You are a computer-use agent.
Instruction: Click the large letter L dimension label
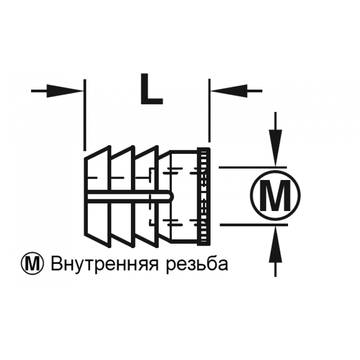[x=152, y=89]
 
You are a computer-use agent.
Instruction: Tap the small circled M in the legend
[x=32, y=264]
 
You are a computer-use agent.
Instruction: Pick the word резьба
[x=197, y=265]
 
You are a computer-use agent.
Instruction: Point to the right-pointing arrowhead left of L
[x=65, y=91]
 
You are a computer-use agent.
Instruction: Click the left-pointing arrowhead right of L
[x=229, y=91]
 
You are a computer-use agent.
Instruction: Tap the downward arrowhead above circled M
[x=275, y=148]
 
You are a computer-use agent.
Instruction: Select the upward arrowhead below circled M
[x=275, y=244]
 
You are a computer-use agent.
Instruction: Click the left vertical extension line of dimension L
[x=85, y=115]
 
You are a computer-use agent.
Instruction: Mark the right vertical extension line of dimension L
[x=209, y=110]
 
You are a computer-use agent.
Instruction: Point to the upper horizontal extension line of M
[x=253, y=167]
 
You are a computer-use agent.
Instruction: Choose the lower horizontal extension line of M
[x=254, y=225]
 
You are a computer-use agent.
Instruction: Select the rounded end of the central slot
[x=171, y=197]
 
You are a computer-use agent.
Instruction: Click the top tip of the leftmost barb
[x=110, y=146]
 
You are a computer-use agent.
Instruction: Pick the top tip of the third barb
[x=157, y=146]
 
